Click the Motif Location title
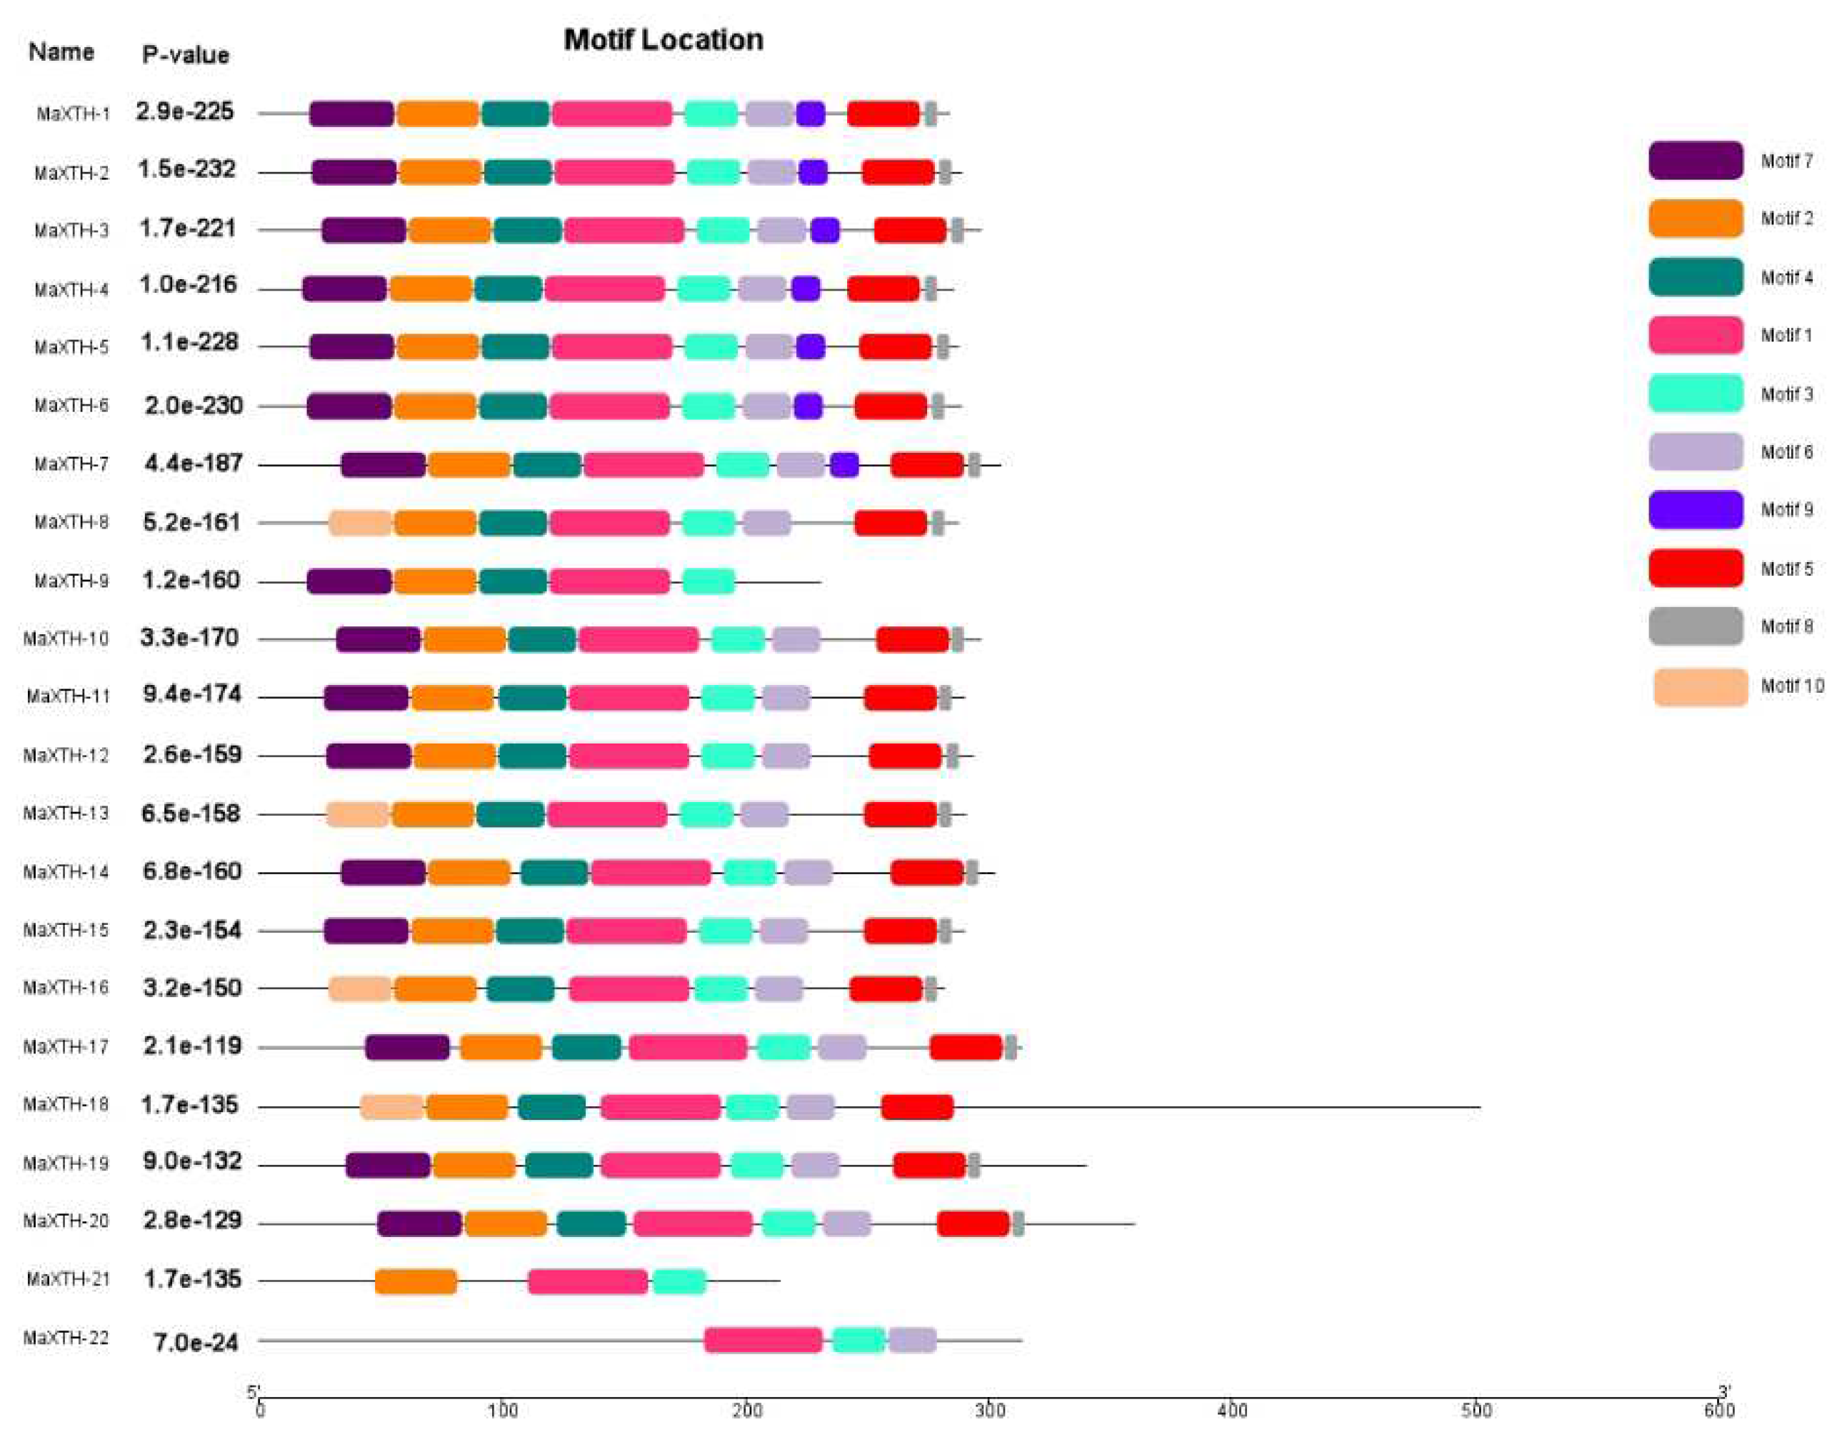pos(663,40)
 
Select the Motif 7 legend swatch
pos(1694,161)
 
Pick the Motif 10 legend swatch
pos(1699,686)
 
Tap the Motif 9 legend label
pos(1786,510)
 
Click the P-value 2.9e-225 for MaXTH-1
pos(184,112)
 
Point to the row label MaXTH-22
pos(66,1338)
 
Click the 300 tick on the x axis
pos(989,1411)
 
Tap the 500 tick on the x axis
pos(1476,1411)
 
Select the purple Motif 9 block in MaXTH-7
pos(844,464)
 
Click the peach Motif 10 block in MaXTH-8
pos(360,523)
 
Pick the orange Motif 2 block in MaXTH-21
pos(416,1281)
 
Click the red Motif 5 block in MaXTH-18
pos(917,1107)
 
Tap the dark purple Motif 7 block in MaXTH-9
pos(349,581)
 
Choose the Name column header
pos(61,52)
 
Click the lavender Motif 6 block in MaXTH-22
pos(912,1340)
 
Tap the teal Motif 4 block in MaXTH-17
pos(586,1048)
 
